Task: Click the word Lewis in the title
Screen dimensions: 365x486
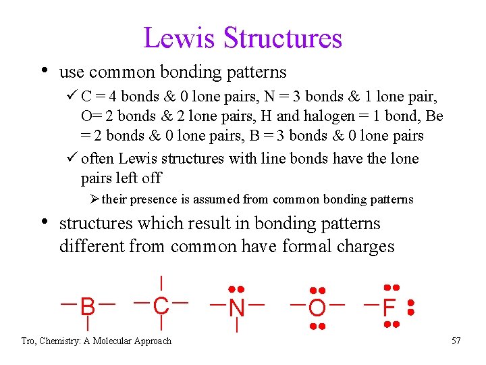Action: coord(180,39)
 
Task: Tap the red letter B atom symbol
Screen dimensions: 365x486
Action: coord(88,307)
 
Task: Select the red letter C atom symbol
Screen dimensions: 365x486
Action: coord(161,306)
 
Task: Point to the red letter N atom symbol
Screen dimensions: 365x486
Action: coord(236,308)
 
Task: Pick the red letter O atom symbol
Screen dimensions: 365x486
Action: coord(317,309)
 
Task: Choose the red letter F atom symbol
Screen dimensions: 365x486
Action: coord(389,308)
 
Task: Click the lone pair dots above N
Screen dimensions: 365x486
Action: coord(236,289)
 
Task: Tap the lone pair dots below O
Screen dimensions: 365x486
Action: coord(317,327)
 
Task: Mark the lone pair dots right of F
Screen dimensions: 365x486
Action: coord(410,308)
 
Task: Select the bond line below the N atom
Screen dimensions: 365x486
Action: coord(236,326)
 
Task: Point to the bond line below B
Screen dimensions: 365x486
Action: coord(88,325)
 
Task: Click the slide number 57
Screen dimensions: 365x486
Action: coord(456,341)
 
